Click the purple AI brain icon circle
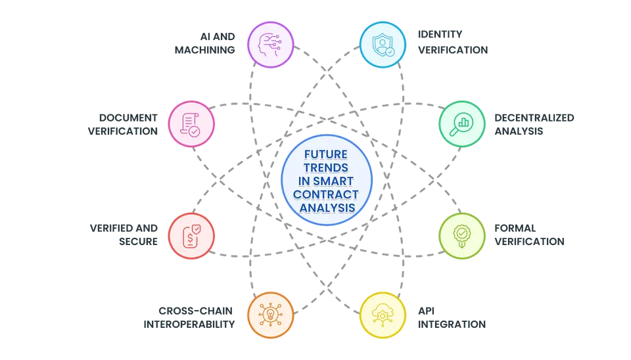pyautogui.click(x=270, y=45)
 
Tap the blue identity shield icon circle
pyautogui.click(x=383, y=45)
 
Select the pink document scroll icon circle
pyautogui.click(x=191, y=124)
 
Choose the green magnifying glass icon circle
pyautogui.click(x=461, y=124)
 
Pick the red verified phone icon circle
pyautogui.click(x=191, y=236)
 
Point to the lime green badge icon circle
pyautogui.click(x=461, y=236)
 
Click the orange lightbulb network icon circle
pyautogui.click(x=270, y=315)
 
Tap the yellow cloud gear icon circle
pyautogui.click(x=383, y=315)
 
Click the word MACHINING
pyautogui.click(x=205, y=50)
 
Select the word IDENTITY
pyautogui.click(x=440, y=34)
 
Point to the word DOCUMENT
pyautogui.click(x=128, y=118)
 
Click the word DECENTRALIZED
pyautogui.click(x=534, y=118)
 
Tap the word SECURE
pyautogui.click(x=139, y=241)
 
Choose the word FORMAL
pyautogui.click(x=515, y=228)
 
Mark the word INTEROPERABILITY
pyautogui.click(x=189, y=325)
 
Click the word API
pyautogui.click(x=426, y=311)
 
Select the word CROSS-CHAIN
pyautogui.click(x=196, y=311)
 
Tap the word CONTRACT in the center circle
pyautogui.click(x=326, y=194)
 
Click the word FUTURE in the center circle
pyautogui.click(x=326, y=154)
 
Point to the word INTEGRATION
pyautogui.click(x=452, y=325)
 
